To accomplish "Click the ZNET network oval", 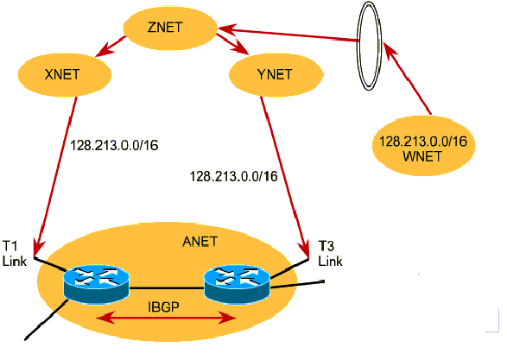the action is tap(170, 28).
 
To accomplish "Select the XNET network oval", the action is tap(64, 74).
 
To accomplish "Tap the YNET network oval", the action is tap(276, 74).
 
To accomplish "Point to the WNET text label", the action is tap(422, 156).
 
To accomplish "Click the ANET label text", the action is tap(200, 242).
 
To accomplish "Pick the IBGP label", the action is tap(163, 306).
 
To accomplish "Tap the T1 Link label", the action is tap(14, 254).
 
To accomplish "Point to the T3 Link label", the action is tap(330, 254).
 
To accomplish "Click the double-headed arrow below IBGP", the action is tap(166, 319).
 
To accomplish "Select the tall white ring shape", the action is tap(369, 46).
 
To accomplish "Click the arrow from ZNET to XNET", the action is tap(110, 47).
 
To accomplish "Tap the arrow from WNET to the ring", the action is tap(407, 79).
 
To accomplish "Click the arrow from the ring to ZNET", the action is tap(288, 35).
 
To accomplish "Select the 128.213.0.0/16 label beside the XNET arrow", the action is tap(114, 145).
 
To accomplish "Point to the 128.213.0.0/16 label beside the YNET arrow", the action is tap(233, 176).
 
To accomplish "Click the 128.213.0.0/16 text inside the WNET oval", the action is tap(423, 142).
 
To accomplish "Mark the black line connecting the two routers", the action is tap(167, 287).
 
